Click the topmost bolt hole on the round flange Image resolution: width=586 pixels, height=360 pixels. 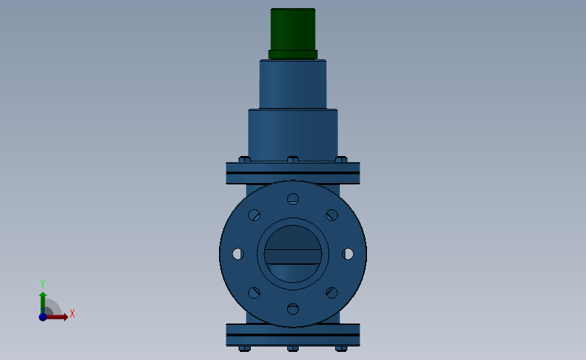293,199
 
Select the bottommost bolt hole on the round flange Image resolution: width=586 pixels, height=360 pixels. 293,309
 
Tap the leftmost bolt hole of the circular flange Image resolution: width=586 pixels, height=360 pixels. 238,253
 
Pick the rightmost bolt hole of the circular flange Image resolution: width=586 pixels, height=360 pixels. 347,253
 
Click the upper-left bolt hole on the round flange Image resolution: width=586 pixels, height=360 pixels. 254,215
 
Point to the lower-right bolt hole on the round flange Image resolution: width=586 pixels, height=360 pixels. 332,292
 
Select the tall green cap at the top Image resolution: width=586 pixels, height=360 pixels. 293,29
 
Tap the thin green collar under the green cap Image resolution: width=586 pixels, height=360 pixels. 293,54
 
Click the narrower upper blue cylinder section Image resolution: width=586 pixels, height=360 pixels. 293,84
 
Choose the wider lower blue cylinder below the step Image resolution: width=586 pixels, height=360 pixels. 293,135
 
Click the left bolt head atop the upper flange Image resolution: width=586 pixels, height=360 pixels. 245,160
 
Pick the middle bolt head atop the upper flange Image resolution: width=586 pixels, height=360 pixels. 293,160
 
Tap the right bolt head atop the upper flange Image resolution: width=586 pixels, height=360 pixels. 341,160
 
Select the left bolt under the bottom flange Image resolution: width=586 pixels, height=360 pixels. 245,349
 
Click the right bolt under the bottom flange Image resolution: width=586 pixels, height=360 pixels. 341,349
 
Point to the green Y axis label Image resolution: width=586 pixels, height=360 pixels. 42,284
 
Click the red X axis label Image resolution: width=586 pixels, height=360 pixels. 72,313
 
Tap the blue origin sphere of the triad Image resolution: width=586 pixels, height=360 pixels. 43,317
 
